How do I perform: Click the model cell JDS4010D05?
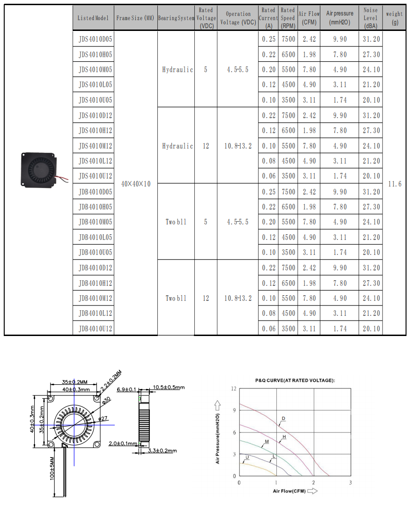coord(96,39)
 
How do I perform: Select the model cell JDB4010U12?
coord(96,329)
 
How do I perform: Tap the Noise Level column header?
coord(371,18)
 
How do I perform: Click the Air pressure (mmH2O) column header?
coord(340,18)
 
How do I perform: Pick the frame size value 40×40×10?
coord(136,184)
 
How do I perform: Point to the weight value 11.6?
coord(395,184)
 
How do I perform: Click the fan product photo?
coord(39,169)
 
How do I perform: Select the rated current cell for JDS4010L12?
coord(269,161)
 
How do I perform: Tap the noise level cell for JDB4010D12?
coord(371,268)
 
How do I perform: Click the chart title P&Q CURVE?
coord(295,380)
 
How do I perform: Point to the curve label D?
coord(283,418)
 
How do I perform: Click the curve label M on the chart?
coord(266,441)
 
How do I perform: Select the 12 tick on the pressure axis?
coord(234,388)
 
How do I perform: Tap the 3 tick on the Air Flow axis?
coord(350,483)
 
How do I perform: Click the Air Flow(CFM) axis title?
coord(290,491)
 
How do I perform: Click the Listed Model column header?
coord(93,18)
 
